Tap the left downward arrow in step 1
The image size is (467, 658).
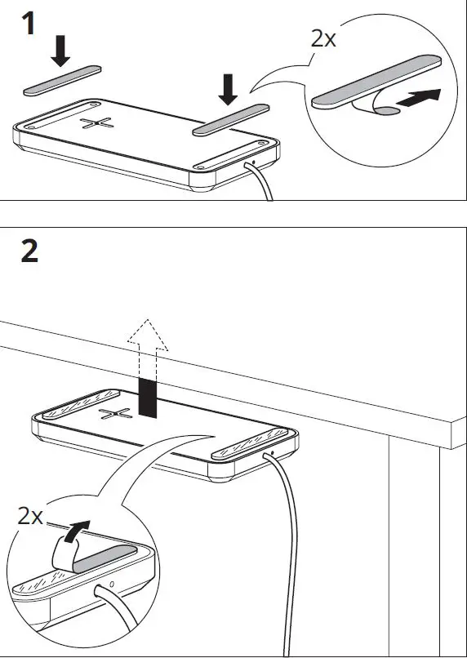click(60, 50)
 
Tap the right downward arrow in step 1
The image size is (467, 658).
click(228, 87)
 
